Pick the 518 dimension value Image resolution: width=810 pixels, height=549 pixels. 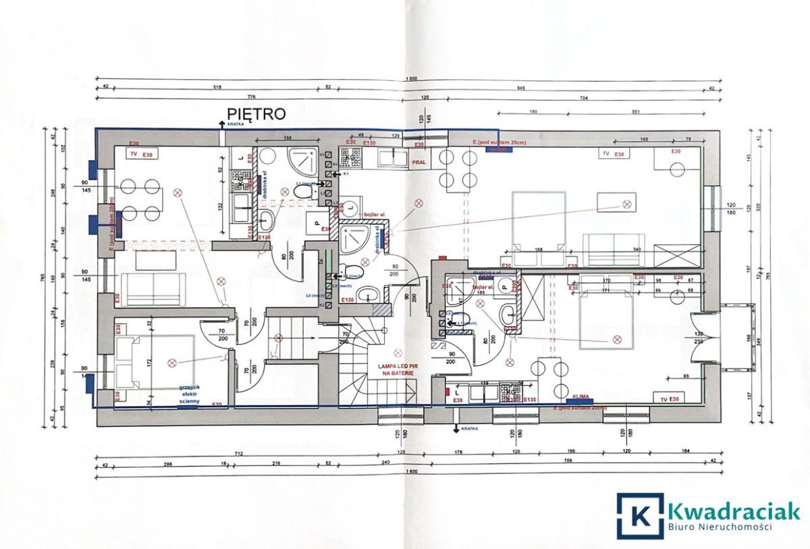coord(217,88)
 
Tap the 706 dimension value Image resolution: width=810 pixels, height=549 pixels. coord(568,461)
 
